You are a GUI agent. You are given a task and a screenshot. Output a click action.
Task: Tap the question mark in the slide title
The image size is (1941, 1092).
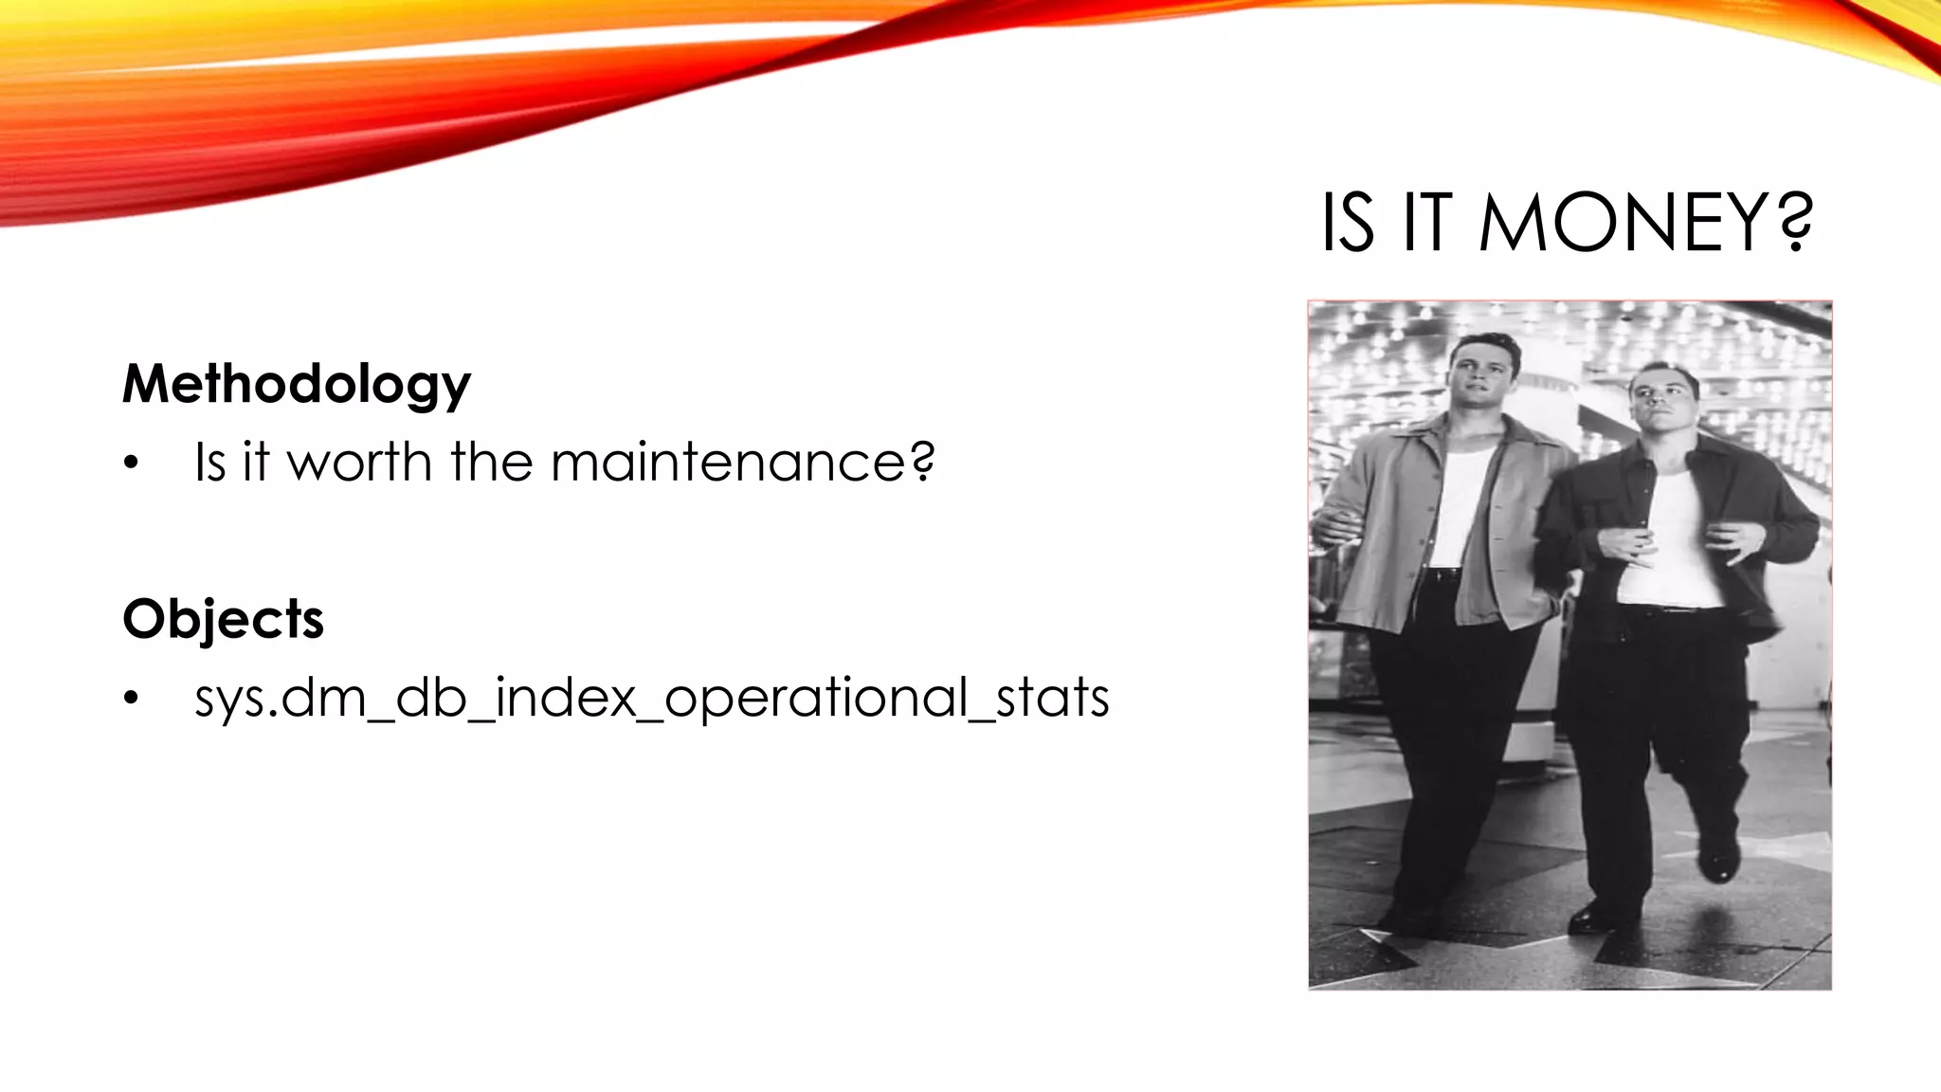pos(1788,224)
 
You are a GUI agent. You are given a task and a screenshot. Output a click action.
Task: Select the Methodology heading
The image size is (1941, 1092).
pos(296,384)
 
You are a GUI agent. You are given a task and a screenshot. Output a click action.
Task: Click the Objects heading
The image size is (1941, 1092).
pos(223,619)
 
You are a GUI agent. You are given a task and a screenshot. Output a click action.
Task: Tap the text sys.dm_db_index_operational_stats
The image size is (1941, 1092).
pos(651,699)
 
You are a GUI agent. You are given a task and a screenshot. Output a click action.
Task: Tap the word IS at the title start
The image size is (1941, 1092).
pos(1347,224)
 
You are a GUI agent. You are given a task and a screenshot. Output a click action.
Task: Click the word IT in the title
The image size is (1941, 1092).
pos(1426,224)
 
